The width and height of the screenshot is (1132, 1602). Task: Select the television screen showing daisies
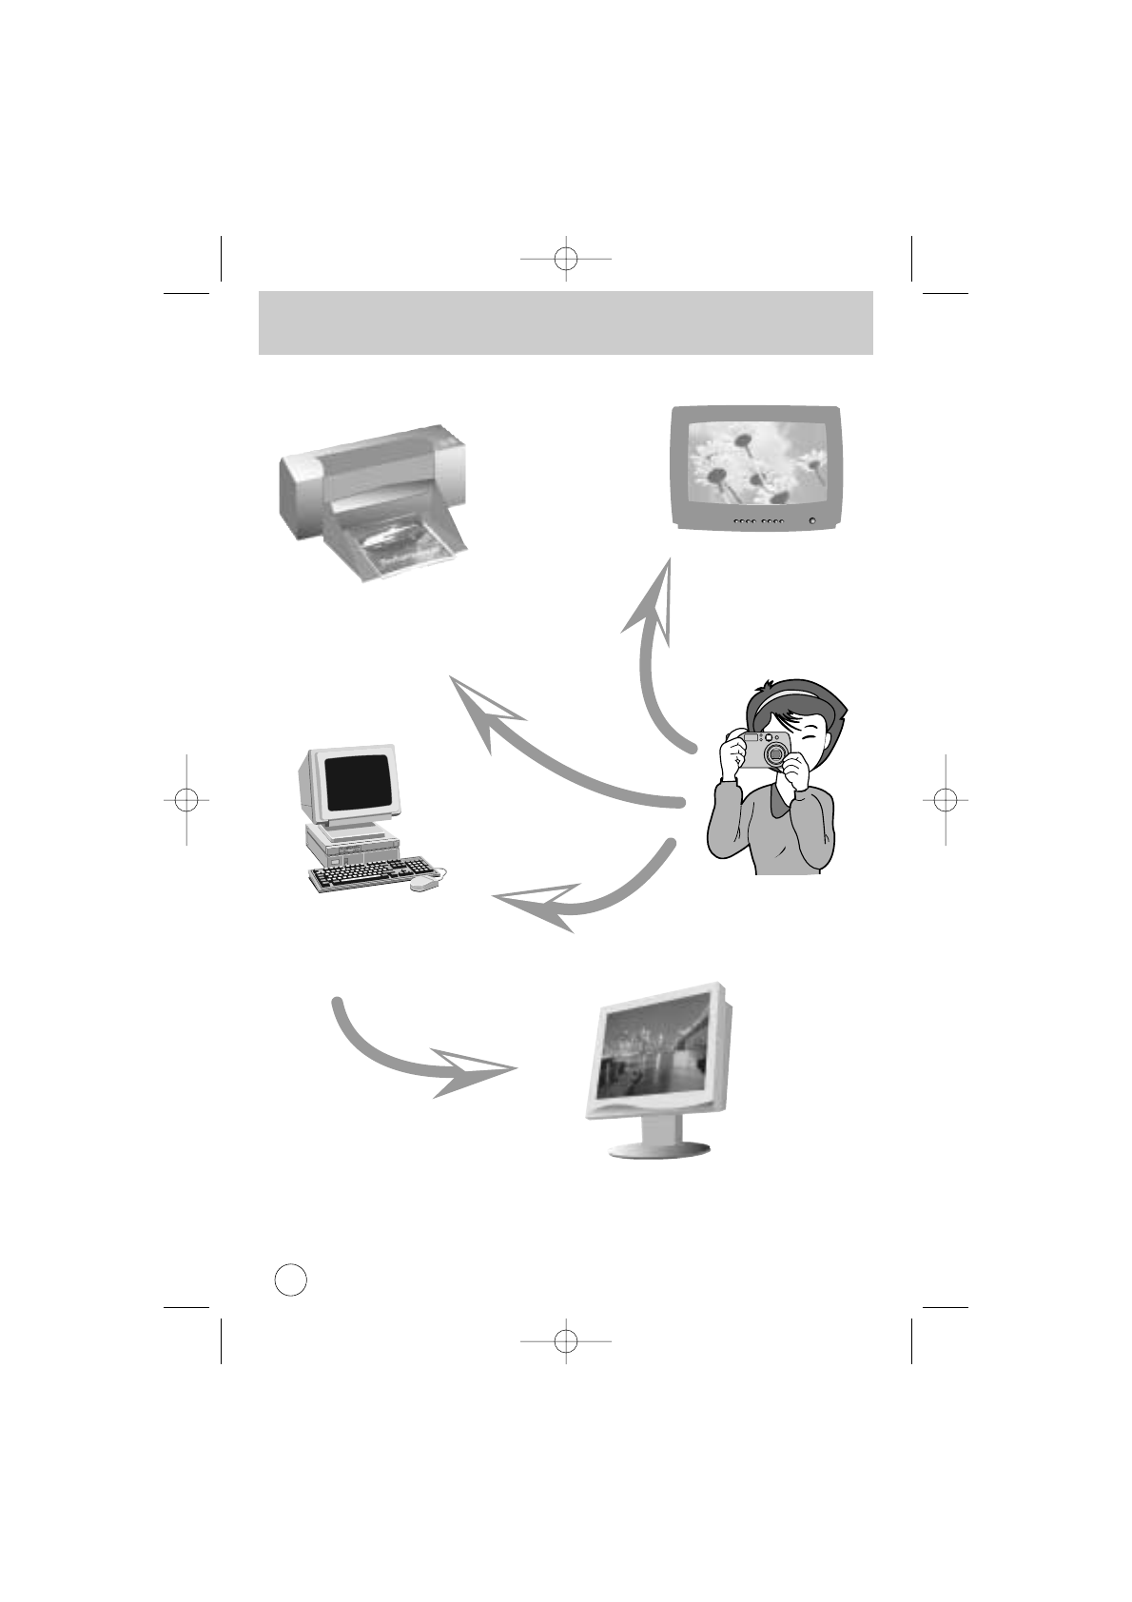click(757, 464)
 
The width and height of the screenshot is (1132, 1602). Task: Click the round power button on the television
click(811, 520)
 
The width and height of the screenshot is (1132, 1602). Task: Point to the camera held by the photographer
click(767, 750)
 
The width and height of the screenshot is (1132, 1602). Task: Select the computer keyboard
click(371, 873)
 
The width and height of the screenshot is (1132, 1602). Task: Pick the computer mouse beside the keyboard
click(424, 884)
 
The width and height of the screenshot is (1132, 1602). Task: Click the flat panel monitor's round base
click(659, 1148)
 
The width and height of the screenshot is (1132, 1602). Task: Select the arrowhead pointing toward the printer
click(481, 709)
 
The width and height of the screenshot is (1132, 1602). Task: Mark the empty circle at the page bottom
click(290, 1279)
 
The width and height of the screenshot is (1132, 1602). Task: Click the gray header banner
click(565, 322)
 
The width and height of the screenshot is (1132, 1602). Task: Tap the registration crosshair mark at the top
click(565, 257)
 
